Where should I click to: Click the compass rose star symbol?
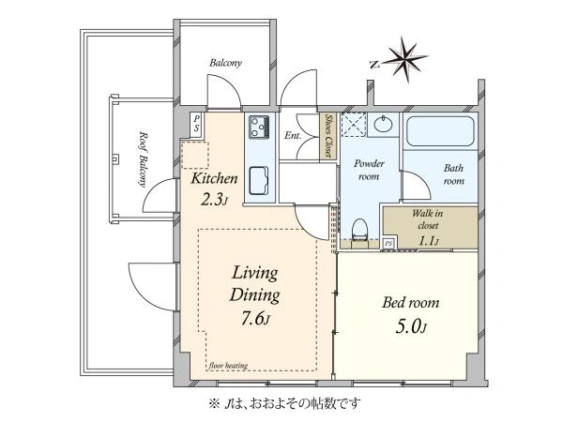click(406, 59)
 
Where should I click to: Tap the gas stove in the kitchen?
click(259, 127)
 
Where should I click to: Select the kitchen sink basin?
click(259, 180)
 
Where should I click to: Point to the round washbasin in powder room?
click(384, 124)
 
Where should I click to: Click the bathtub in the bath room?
click(440, 131)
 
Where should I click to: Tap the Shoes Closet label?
click(327, 136)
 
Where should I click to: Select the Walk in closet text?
click(427, 219)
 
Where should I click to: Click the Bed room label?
click(411, 303)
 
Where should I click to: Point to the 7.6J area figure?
click(255, 318)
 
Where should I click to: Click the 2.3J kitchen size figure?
click(214, 201)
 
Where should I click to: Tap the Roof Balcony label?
click(144, 159)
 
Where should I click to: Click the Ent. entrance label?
click(293, 136)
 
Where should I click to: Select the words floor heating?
click(228, 366)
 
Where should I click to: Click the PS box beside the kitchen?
click(196, 123)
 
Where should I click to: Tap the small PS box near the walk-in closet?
click(388, 243)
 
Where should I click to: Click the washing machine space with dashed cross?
click(354, 125)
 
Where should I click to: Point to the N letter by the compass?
click(374, 65)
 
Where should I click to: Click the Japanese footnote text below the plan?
click(284, 404)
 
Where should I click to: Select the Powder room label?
click(369, 170)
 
